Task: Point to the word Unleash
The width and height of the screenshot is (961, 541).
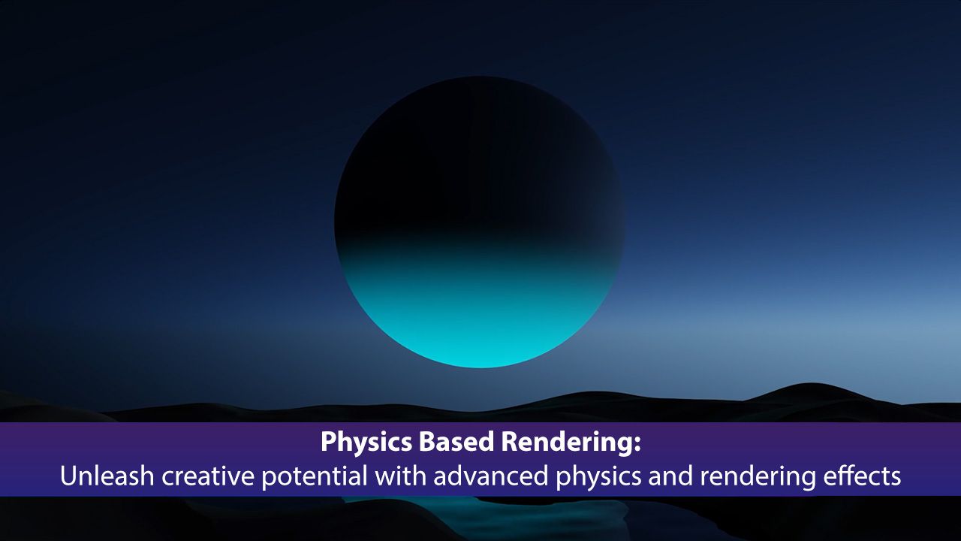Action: tap(107, 476)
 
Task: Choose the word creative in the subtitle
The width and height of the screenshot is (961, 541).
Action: tap(208, 476)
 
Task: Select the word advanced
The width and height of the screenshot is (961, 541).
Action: tap(491, 476)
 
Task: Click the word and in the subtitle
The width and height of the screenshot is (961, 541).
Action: tap(670, 476)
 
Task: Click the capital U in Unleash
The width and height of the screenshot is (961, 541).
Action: tap(69, 476)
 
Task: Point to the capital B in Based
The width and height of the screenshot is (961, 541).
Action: tap(426, 442)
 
